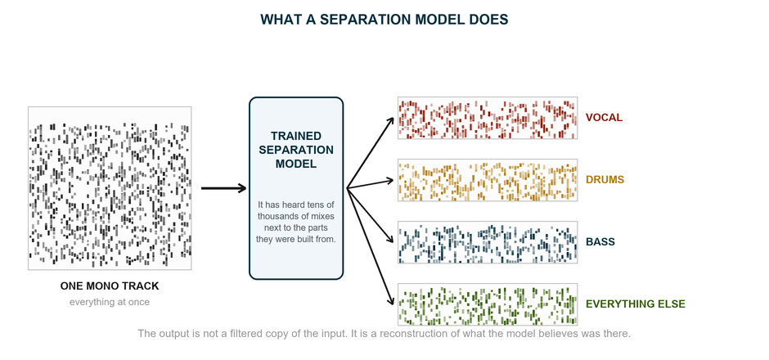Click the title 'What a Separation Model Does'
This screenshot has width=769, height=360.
(x=384, y=20)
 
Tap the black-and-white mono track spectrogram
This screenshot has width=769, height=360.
(x=110, y=188)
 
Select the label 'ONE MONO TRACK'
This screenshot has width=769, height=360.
(x=110, y=286)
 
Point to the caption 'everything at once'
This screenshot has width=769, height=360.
(x=110, y=302)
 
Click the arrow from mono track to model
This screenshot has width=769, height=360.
(x=223, y=188)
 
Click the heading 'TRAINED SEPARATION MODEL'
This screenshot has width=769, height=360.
(x=296, y=150)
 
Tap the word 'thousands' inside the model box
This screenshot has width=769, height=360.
(x=276, y=216)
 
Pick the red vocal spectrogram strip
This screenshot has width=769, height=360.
(x=488, y=118)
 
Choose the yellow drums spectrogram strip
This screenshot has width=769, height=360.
(x=488, y=180)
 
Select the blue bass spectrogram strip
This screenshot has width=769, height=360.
(x=488, y=242)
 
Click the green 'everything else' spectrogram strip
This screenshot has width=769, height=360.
(x=488, y=304)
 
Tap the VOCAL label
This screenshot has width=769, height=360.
(x=605, y=118)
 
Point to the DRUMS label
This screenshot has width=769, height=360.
(x=605, y=180)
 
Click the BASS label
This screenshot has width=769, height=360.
(x=600, y=242)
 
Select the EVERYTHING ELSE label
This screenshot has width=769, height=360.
(x=636, y=304)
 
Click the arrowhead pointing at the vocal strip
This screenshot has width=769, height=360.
(x=391, y=120)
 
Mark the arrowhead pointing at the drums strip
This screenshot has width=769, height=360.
(x=390, y=181)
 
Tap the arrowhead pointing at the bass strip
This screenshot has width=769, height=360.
(x=391, y=240)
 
